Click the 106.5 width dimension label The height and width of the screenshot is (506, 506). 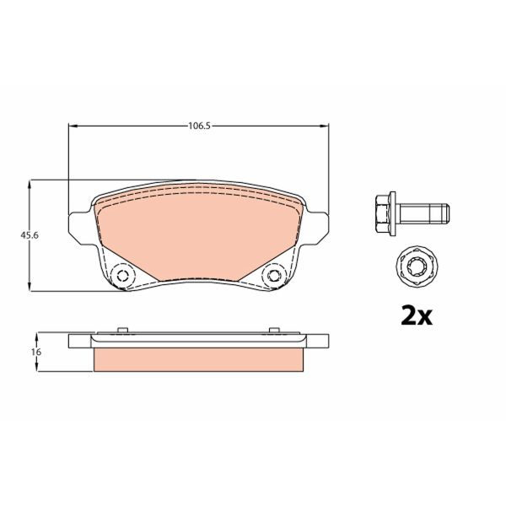198,126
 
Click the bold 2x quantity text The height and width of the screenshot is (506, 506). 415,315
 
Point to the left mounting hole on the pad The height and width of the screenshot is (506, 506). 123,276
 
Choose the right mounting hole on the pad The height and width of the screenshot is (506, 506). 273,276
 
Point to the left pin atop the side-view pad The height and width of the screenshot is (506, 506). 121,330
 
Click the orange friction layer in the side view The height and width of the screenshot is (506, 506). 198,359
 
